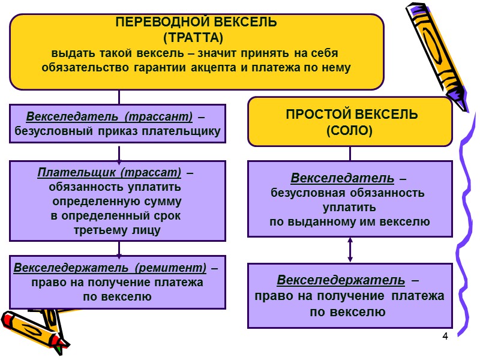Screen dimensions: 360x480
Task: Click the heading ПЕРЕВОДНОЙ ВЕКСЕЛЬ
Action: (196, 23)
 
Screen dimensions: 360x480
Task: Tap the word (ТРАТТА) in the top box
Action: (196, 37)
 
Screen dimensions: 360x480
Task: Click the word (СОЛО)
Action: (350, 130)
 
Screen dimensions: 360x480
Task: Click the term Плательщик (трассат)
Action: (109, 173)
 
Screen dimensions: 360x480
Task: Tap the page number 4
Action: (445, 335)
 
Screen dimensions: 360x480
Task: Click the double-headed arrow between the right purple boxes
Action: (350, 249)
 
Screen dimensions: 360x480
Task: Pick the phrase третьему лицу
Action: (118, 230)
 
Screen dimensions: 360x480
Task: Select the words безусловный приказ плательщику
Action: (118, 131)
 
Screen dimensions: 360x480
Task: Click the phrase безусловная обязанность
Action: (348, 193)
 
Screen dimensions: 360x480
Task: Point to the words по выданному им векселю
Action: (349, 222)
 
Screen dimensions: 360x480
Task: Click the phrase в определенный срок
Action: (115, 215)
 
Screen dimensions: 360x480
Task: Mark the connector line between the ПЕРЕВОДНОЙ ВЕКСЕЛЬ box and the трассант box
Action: (119, 97)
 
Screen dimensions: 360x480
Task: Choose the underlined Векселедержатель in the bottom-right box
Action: (341, 280)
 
